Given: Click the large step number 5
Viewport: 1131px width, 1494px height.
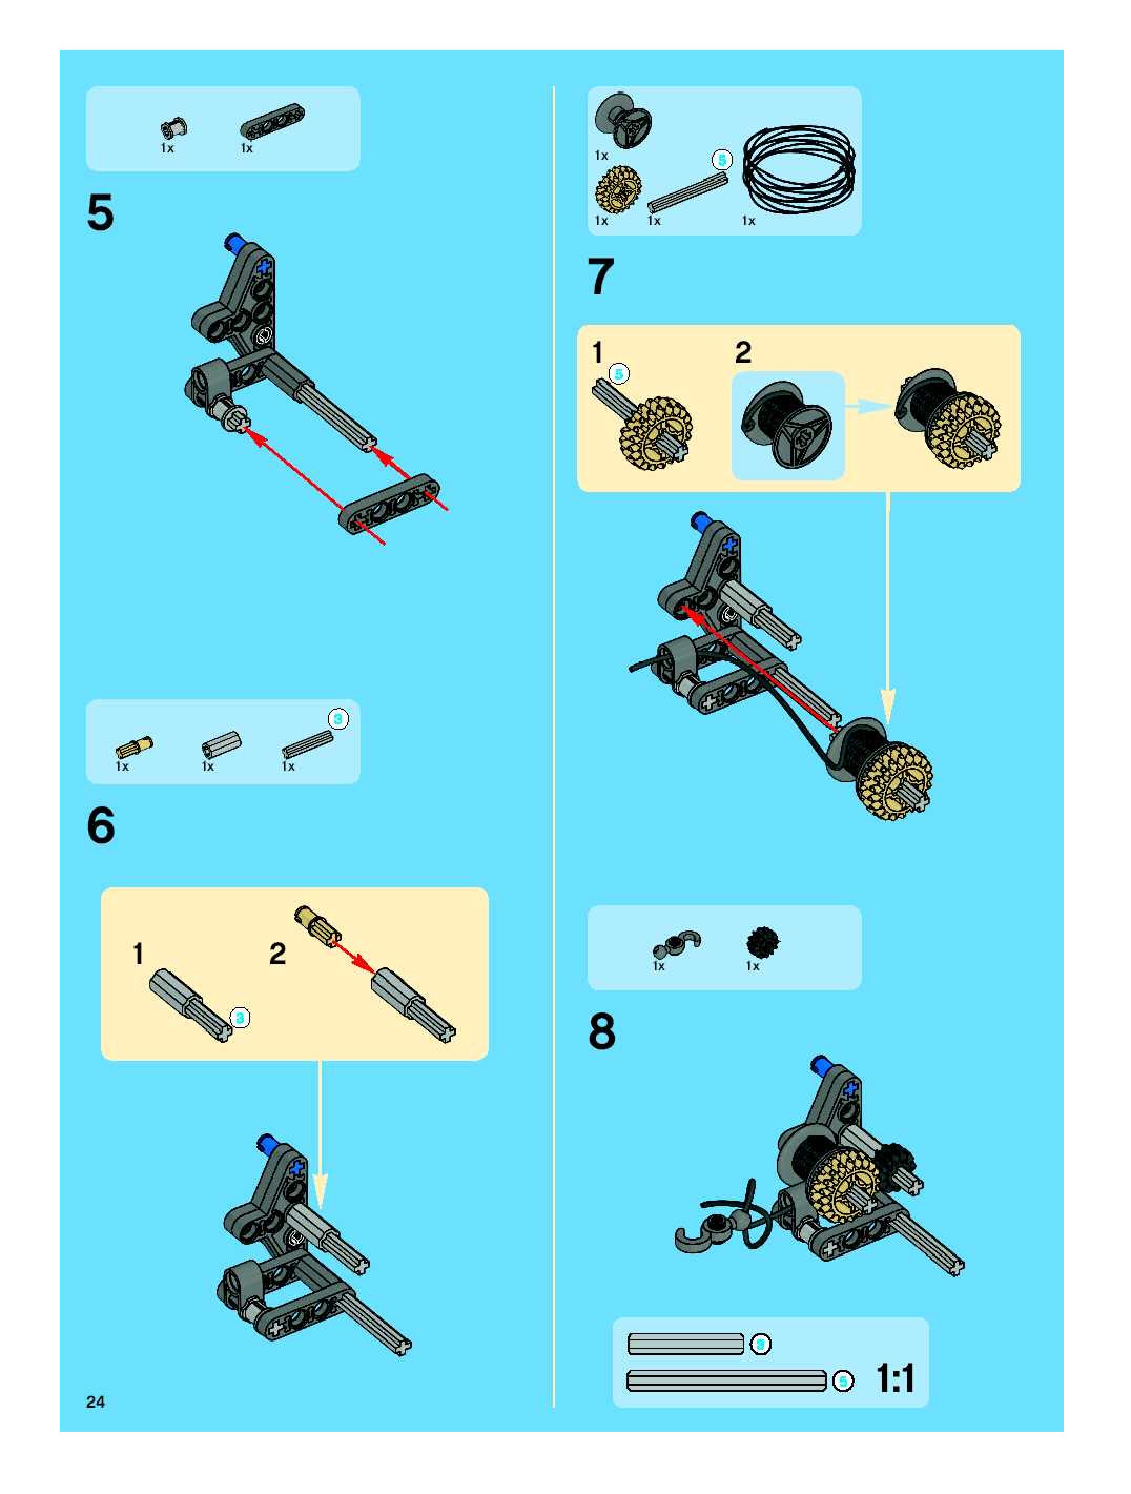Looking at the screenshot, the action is pyautogui.click(x=100, y=213).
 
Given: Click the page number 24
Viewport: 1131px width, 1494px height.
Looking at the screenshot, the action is pyautogui.click(x=95, y=1402).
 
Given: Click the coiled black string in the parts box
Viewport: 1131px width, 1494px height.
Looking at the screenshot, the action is pyautogui.click(x=799, y=168).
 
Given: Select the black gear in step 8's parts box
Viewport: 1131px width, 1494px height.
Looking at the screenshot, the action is pyautogui.click(x=763, y=942).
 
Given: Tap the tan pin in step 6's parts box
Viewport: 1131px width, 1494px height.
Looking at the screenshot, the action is pyautogui.click(x=133, y=748).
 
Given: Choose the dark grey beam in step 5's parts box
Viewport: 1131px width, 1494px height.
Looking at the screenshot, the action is pyautogui.click(x=272, y=120).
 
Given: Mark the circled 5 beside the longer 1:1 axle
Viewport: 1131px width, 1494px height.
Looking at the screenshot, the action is pyautogui.click(x=842, y=1382).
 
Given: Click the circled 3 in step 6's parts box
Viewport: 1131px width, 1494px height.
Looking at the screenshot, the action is pyautogui.click(x=338, y=719).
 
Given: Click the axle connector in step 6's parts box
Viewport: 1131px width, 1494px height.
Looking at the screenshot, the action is pyautogui.click(x=221, y=744).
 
